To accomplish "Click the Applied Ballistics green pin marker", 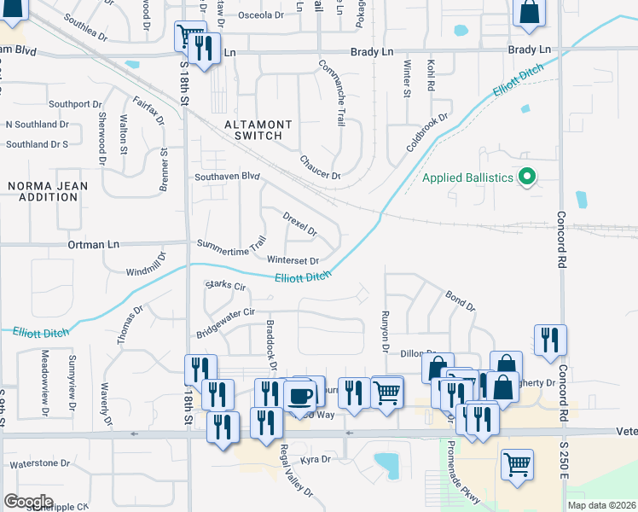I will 527,177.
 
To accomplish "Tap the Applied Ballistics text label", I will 468,177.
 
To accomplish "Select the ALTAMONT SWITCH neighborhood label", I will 258,130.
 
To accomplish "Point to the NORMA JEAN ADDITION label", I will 43,191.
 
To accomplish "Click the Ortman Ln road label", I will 95,245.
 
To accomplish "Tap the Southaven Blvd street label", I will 226,177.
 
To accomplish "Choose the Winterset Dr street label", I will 293,260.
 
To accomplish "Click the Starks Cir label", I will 226,285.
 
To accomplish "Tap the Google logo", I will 28,501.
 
